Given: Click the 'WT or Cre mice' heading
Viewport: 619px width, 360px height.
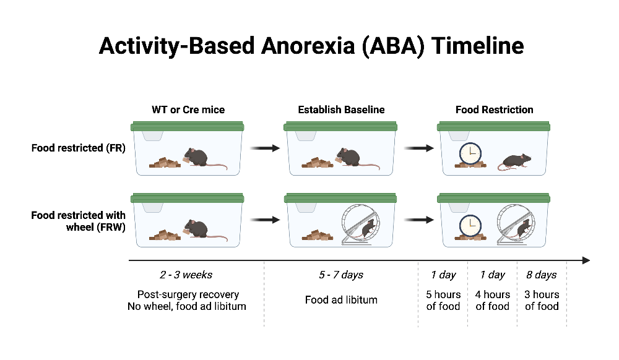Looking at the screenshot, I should tap(188, 110).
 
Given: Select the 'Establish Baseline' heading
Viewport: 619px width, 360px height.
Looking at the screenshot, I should tap(341, 110).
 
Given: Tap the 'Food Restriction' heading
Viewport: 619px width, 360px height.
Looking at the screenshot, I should tap(494, 110).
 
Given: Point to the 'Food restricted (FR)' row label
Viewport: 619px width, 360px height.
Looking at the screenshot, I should tap(79, 148).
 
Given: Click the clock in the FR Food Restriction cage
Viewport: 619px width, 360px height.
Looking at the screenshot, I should tap(470, 153).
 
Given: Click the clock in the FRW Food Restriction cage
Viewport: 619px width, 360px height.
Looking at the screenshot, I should tap(470, 225).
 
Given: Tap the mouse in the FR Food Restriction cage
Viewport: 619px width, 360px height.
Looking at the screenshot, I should tap(515, 161).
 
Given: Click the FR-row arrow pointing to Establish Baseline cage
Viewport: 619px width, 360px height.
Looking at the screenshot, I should tap(265, 148).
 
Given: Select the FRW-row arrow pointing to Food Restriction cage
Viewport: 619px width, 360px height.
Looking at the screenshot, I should tap(418, 220).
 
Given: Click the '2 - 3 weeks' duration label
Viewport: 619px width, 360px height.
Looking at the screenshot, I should tap(188, 275).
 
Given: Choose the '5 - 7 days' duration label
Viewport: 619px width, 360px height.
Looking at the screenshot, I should tap(341, 275).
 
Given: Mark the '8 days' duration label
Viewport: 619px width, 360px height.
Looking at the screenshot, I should tap(542, 275).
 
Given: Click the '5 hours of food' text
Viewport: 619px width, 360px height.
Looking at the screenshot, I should tap(443, 300).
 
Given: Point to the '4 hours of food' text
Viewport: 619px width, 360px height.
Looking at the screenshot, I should tap(493, 300).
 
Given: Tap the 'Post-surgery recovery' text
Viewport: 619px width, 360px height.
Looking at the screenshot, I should tap(188, 294).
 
